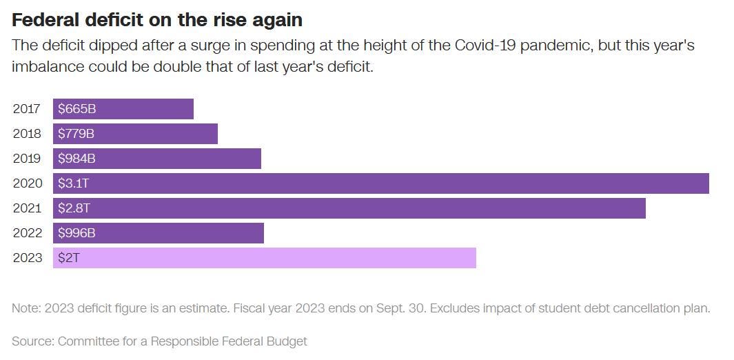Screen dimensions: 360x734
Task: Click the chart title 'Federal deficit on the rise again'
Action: click(x=157, y=20)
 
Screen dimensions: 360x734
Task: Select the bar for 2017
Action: click(x=123, y=109)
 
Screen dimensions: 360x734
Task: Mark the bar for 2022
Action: click(x=159, y=233)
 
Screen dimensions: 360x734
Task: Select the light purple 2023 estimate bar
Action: click(x=265, y=258)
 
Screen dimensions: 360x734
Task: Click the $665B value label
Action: click(x=77, y=109)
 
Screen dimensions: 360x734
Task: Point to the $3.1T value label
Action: click(x=74, y=183)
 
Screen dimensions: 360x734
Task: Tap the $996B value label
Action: click(x=77, y=233)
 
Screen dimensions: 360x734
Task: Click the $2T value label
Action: click(x=69, y=258)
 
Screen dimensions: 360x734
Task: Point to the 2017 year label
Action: click(x=27, y=109)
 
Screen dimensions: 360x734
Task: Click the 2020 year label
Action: click(x=27, y=183)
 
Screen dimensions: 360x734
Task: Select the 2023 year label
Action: click(x=27, y=258)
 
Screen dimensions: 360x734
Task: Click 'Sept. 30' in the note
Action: click(x=398, y=308)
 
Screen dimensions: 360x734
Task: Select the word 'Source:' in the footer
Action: click(x=33, y=341)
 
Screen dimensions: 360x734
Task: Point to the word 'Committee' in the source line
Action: click(x=89, y=341)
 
